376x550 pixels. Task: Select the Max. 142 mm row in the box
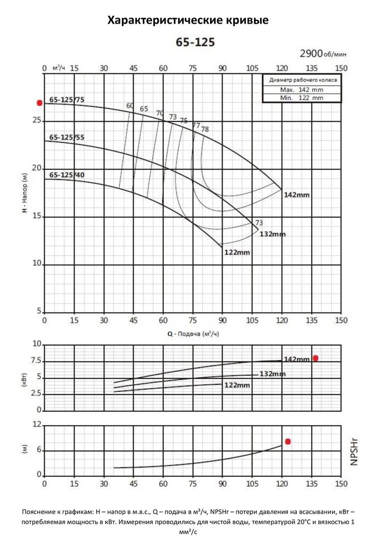coord(301,89)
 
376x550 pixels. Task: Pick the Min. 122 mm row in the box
coord(301,97)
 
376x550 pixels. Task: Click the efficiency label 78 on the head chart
coord(204,129)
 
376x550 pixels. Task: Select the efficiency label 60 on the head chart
coord(130,106)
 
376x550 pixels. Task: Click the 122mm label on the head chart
coord(237,252)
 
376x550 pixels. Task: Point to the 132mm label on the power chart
coord(273,374)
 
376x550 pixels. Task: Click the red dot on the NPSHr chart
coord(287,442)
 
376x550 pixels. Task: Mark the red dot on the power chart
coord(316,358)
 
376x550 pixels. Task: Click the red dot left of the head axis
coord(39,103)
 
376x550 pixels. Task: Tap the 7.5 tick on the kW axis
coord(34,361)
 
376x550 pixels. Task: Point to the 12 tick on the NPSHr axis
coord(37,425)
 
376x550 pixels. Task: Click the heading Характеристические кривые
coord(188,21)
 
